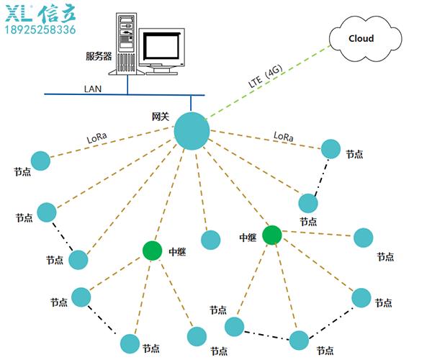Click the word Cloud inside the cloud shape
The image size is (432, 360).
(x=361, y=38)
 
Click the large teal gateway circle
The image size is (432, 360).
(x=192, y=131)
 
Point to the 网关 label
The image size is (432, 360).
(x=160, y=116)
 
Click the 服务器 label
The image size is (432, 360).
(x=98, y=55)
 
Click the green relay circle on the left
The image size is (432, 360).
(x=152, y=251)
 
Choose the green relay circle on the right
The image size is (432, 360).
(x=271, y=235)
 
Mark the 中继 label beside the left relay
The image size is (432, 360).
(x=177, y=252)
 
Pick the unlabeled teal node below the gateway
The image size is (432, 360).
(x=211, y=240)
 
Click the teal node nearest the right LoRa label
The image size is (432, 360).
(x=330, y=148)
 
